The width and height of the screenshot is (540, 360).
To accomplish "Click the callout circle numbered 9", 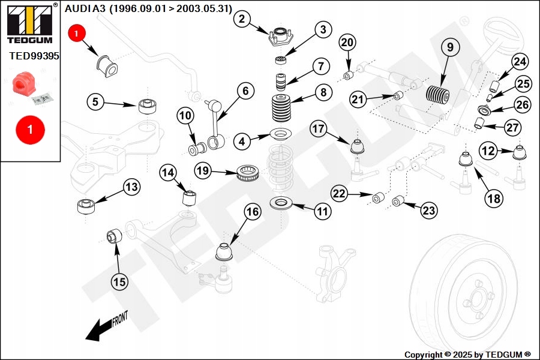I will pyautogui.click(x=450, y=46).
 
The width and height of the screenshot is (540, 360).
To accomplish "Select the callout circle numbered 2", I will pyautogui.click(x=241, y=19).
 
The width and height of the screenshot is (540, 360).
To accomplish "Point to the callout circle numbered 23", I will pyautogui.click(x=428, y=211).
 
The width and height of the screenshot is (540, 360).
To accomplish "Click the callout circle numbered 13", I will pyautogui.click(x=131, y=187).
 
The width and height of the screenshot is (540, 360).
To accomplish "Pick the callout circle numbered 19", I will pyautogui.click(x=203, y=171).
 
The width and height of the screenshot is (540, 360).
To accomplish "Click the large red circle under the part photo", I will pyautogui.click(x=29, y=130).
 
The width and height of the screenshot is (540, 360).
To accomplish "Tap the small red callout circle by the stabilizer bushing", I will pyautogui.click(x=77, y=34).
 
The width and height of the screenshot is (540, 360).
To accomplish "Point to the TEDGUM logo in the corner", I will pyautogui.click(x=29, y=23).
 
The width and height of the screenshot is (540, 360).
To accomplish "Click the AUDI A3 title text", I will pyautogui.click(x=148, y=8).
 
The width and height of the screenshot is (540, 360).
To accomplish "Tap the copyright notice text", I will pyautogui.click(x=467, y=355).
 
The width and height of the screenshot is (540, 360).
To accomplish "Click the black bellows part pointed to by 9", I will pyautogui.click(x=437, y=96).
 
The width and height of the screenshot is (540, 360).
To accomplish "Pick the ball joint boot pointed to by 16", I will pyautogui.click(x=224, y=251).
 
